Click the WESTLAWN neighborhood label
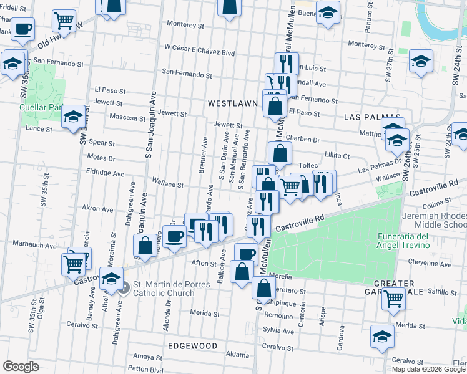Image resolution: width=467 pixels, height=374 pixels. [x=232, y=103]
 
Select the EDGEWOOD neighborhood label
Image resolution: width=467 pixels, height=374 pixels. [x=192, y=345]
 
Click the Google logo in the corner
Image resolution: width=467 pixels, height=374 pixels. [x=21, y=366]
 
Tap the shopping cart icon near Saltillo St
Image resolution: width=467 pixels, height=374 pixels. [x=393, y=299]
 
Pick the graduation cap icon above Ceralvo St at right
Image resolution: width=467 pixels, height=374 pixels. [x=381, y=336]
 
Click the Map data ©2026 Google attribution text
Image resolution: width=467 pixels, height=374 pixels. [x=428, y=368]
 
